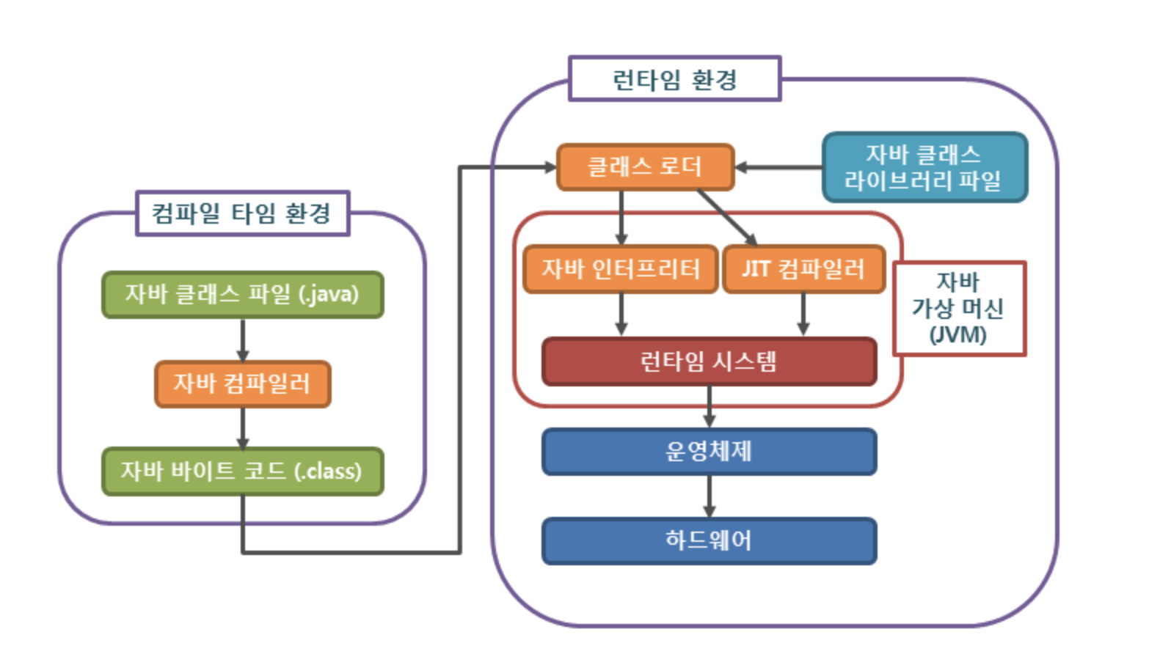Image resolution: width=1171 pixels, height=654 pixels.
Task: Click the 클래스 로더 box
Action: click(645, 167)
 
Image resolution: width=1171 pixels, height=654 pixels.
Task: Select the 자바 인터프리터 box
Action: click(620, 269)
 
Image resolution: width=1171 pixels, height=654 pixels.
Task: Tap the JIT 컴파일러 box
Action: click(803, 269)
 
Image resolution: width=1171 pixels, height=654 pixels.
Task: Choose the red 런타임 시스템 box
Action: click(709, 361)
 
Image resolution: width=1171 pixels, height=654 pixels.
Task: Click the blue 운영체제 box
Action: click(709, 452)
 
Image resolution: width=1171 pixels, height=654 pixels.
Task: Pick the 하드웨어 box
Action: click(709, 541)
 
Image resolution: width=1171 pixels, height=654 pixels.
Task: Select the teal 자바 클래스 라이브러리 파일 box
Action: click(924, 167)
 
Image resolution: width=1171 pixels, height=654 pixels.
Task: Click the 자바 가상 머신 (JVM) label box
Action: click(958, 309)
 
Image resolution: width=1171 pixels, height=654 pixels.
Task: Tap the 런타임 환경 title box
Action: click(674, 78)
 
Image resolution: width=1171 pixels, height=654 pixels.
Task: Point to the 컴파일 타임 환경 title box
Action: click(242, 213)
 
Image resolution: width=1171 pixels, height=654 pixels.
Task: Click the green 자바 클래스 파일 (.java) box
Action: click(242, 295)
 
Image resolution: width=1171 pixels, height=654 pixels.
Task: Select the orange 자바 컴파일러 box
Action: click(242, 383)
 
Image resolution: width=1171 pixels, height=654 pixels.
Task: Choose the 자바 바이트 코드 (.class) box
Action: click(242, 471)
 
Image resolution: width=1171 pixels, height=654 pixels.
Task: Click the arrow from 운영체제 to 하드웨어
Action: click(709, 497)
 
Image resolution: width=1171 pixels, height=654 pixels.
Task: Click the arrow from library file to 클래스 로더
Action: click(778, 167)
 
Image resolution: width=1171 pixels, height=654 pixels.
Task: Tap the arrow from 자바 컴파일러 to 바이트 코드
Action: click(243, 427)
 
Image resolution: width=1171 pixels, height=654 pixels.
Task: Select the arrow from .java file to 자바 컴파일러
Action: click(243, 339)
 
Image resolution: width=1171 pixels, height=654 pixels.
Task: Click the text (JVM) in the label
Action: click(958, 335)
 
